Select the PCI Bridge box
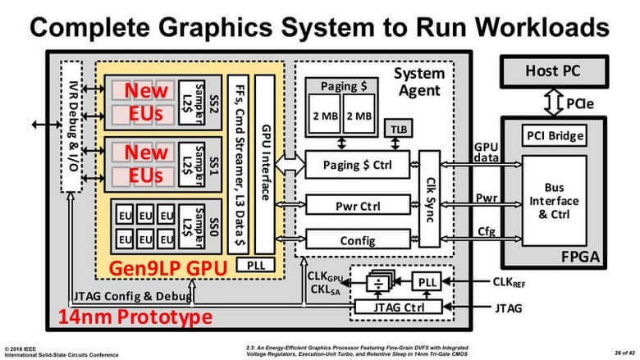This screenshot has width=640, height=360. [x=556, y=135]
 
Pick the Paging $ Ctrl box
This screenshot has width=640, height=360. [x=357, y=166]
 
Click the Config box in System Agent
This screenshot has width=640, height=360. [x=357, y=240]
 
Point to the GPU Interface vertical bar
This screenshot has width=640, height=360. [x=264, y=164]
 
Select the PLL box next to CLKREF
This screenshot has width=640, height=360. [x=427, y=282]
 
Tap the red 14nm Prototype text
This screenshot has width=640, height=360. [x=128, y=317]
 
